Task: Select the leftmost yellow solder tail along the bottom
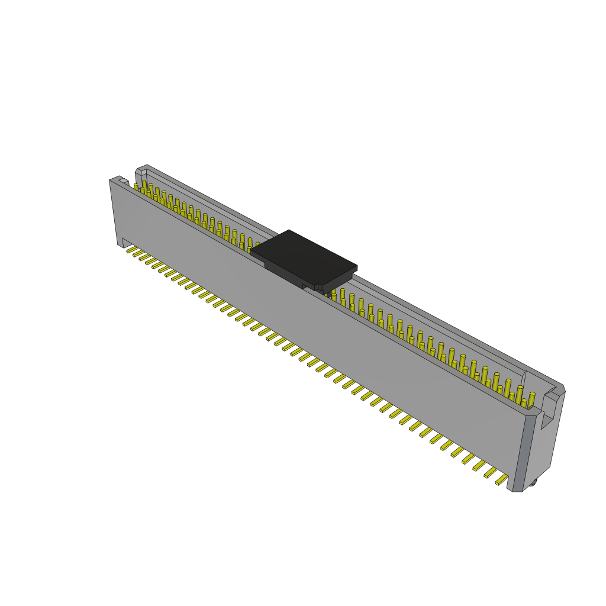pos(132,249)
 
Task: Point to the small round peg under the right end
pos(533,482)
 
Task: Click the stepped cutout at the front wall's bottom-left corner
pos(125,243)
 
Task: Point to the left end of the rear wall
pos(140,173)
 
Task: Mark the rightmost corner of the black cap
pos(357,267)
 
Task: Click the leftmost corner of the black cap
pos(250,251)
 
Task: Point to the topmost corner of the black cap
pos(289,230)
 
